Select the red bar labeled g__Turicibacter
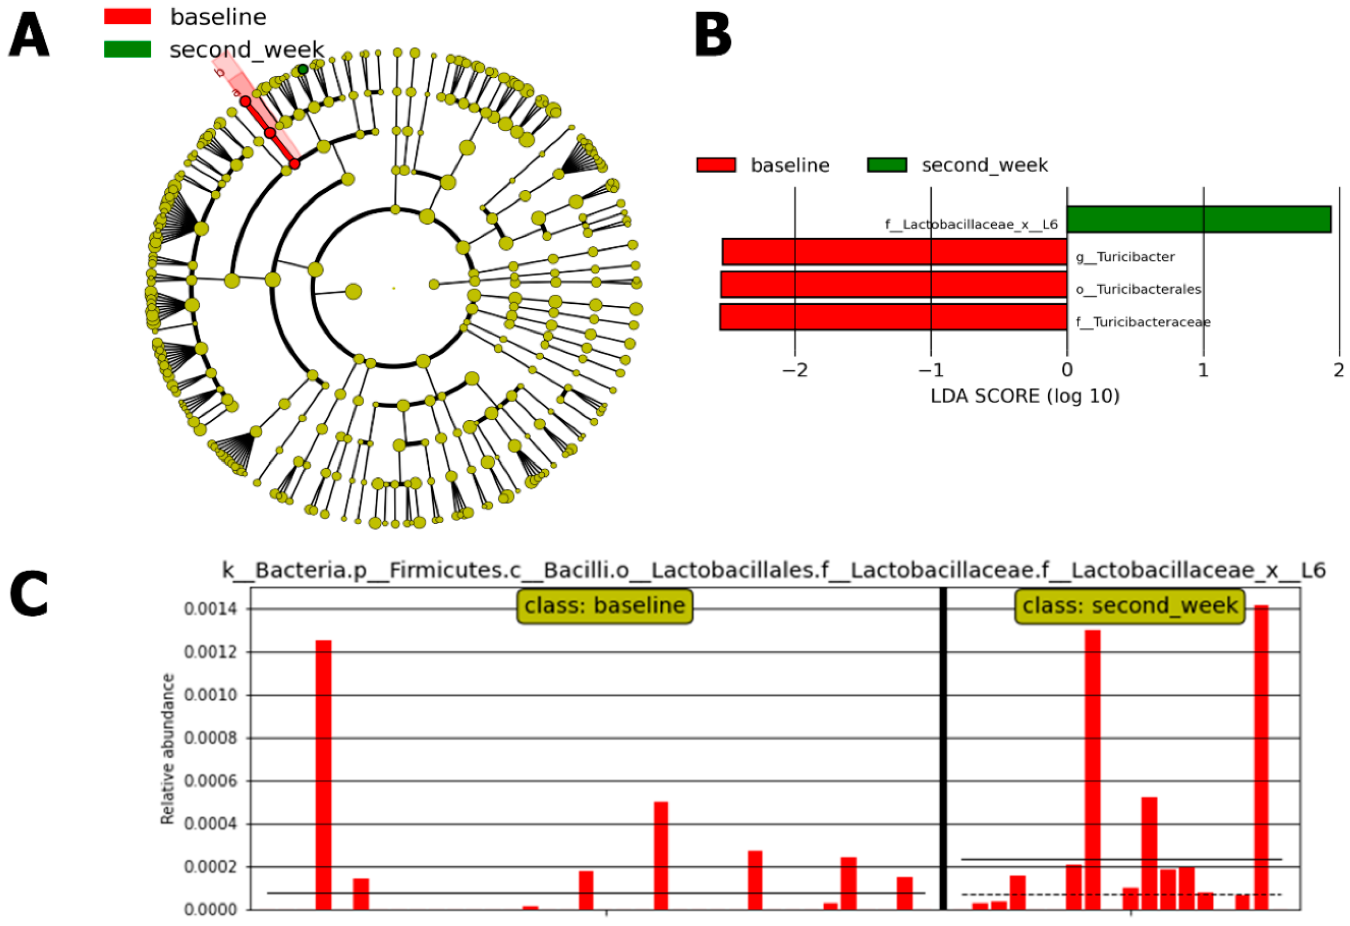(895, 252)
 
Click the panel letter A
(29, 35)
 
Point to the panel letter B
(713, 35)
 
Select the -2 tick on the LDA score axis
(795, 370)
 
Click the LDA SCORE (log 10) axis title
(1025, 396)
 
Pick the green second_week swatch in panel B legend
(887, 165)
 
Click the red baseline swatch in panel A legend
(128, 16)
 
